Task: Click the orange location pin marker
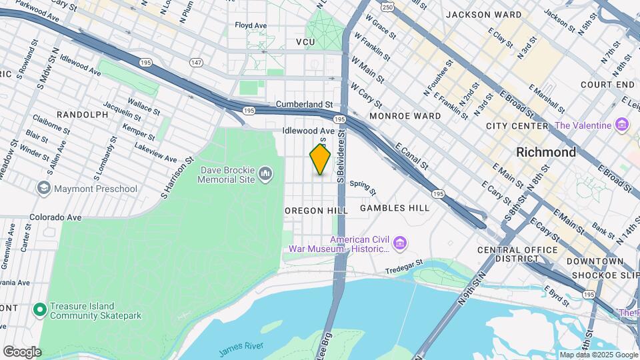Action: [320, 159]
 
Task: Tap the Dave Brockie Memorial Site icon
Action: [265, 175]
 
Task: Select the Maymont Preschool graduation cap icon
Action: [45, 189]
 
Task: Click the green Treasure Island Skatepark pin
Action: [39, 309]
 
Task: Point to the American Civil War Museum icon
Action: [399, 243]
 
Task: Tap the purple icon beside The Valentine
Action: [622, 125]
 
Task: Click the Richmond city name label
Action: [546, 152]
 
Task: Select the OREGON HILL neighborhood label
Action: [317, 210]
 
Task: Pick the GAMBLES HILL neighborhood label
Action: [395, 208]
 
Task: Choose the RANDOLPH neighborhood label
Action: [83, 115]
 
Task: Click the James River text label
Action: [242, 345]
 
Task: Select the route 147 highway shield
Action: [195, 62]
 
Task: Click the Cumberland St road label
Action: [304, 105]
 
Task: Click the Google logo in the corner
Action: [22, 351]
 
